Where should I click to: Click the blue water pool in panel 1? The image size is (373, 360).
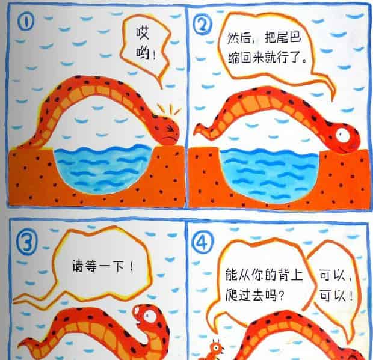point(102,168)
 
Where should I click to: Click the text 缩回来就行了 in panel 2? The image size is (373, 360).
point(263,60)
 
